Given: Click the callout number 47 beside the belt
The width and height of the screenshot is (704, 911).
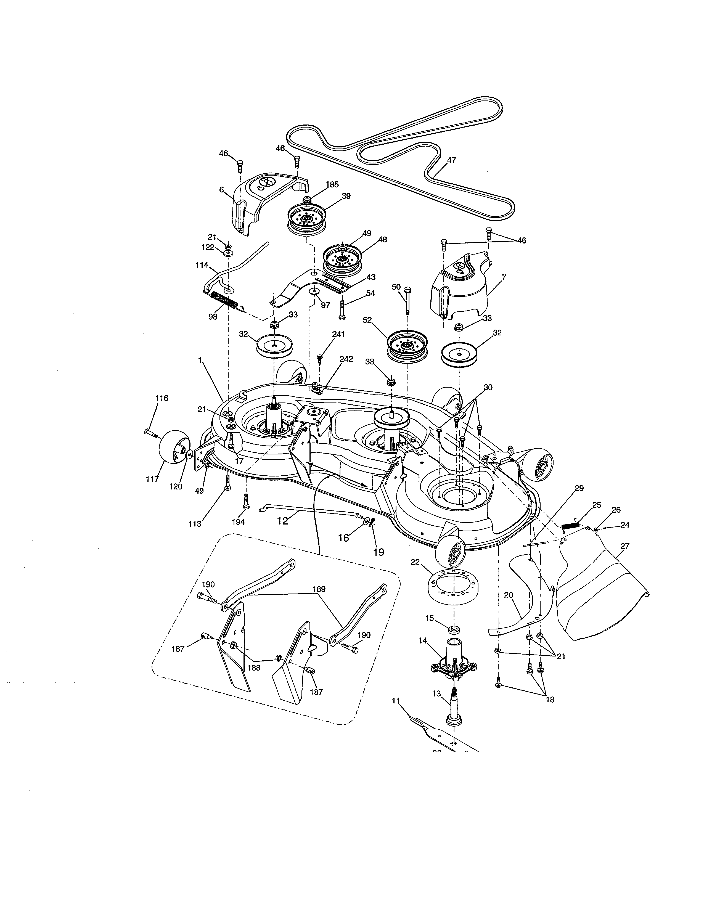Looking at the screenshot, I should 451,160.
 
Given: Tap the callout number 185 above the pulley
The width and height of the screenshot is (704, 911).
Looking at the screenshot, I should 332,184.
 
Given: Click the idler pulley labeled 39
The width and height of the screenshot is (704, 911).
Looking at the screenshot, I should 306,219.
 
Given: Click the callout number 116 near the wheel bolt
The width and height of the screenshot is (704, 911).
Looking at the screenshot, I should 162,398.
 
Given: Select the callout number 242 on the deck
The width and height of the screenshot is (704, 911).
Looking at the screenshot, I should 346,359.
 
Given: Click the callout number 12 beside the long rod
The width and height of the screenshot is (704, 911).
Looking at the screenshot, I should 283,521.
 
